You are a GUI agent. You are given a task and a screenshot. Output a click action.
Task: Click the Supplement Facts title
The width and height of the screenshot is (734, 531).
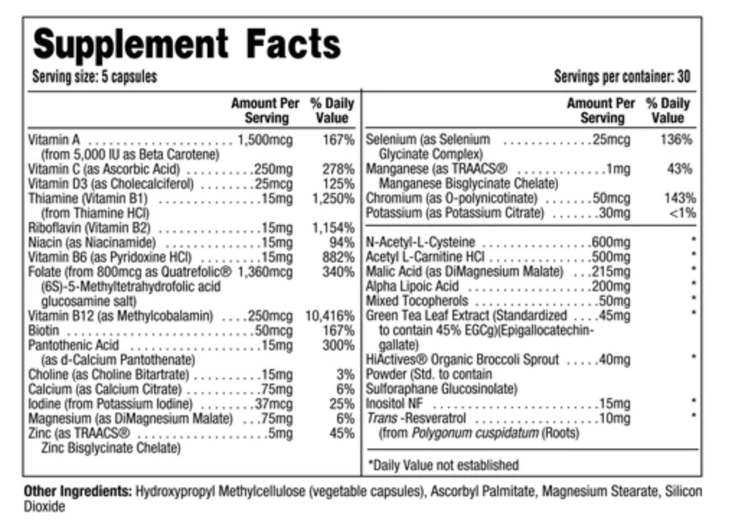[x=186, y=44]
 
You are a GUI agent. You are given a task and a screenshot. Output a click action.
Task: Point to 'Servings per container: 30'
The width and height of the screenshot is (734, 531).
[x=622, y=77]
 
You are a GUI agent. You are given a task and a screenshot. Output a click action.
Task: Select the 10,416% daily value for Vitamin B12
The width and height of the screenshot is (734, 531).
[x=329, y=316]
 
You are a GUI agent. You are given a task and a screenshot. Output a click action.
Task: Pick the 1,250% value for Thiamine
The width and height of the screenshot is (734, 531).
[x=333, y=198]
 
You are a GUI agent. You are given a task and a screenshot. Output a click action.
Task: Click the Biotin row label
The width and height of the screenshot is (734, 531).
[x=44, y=330]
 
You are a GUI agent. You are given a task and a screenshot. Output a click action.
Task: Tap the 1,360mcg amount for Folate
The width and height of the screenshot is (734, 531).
[x=265, y=272]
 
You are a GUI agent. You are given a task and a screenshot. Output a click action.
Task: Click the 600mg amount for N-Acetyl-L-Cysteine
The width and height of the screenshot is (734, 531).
[x=611, y=242]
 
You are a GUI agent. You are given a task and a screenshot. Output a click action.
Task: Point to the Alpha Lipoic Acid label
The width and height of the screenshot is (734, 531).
[x=412, y=286]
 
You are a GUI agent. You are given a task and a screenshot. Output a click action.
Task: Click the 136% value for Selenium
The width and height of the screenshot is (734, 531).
[x=676, y=140]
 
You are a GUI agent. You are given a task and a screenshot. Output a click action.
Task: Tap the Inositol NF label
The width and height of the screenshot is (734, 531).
[x=394, y=404]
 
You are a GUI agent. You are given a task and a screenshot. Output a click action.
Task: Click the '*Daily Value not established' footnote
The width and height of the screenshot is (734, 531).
[x=443, y=465]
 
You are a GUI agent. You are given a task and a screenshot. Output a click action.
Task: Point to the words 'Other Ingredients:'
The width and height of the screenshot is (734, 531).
[x=78, y=491]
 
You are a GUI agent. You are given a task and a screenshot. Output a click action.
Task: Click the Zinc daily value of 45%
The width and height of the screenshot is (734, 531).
[x=342, y=434]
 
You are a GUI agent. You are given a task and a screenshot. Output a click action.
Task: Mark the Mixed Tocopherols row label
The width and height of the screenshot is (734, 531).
[x=417, y=301]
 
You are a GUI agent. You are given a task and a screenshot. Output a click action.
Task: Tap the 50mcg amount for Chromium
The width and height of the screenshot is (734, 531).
[x=611, y=198]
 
